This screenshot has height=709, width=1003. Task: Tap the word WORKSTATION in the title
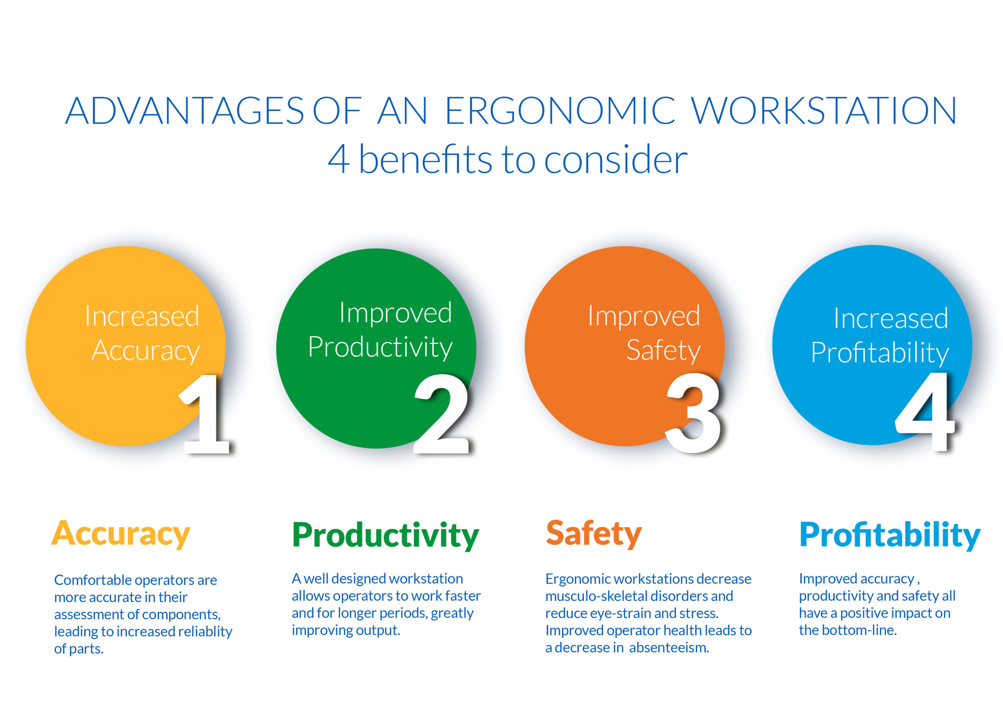pyautogui.click(x=824, y=110)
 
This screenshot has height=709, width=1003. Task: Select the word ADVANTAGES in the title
pyautogui.click(x=185, y=110)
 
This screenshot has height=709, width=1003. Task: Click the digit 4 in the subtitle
pyautogui.click(x=339, y=159)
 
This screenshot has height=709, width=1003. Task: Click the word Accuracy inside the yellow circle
pyautogui.click(x=145, y=351)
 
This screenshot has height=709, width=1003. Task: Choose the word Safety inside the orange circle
pyautogui.click(x=663, y=350)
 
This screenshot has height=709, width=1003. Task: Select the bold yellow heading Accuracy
pyautogui.click(x=121, y=534)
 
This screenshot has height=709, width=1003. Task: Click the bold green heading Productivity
pyautogui.click(x=385, y=535)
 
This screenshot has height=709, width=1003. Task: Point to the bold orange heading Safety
pyautogui.click(x=594, y=534)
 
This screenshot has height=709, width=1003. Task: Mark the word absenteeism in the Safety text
pyautogui.click(x=669, y=648)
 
